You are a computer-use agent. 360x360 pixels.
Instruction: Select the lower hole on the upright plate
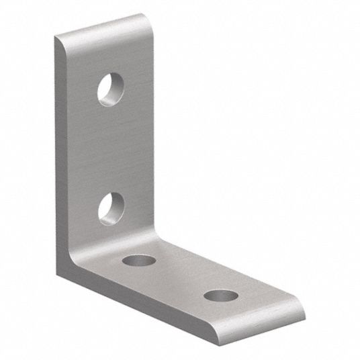pos(111,208)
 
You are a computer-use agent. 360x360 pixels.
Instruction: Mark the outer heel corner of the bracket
pos(60,269)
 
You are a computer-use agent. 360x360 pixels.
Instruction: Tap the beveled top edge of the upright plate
pos(101,26)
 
